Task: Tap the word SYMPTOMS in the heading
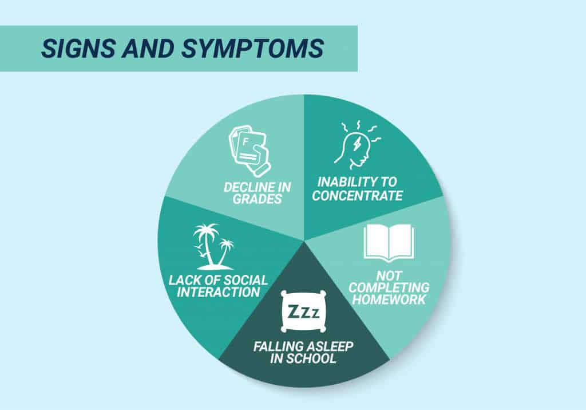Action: click(252, 48)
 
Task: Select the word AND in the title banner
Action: click(148, 48)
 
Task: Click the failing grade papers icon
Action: click(250, 151)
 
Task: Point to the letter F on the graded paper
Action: click(245, 142)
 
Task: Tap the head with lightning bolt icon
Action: click(357, 144)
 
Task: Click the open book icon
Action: click(389, 243)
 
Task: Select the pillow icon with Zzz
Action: click(303, 312)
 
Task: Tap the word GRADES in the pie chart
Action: click(257, 199)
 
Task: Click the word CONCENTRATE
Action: click(357, 196)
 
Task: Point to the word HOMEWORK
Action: click(389, 299)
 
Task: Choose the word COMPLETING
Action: click(389, 287)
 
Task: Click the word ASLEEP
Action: click(329, 346)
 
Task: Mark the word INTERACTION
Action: click(218, 292)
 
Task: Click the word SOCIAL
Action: click(244, 280)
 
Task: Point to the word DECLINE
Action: click(247, 187)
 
